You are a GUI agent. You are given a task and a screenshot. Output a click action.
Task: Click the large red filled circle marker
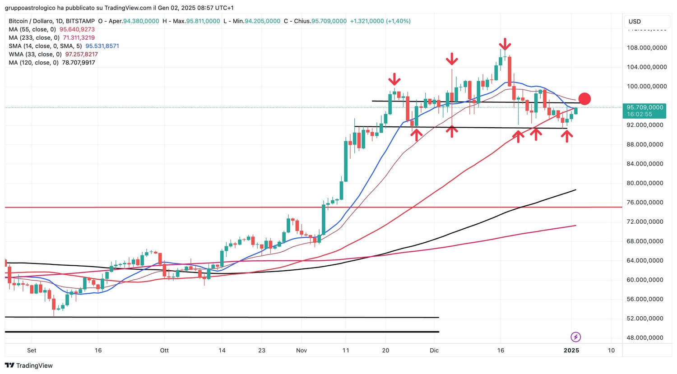pyautogui.click(x=584, y=99)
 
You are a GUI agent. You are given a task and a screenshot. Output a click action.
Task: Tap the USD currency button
pyautogui.click(x=635, y=22)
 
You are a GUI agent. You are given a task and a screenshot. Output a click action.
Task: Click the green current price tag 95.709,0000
pyautogui.click(x=645, y=108)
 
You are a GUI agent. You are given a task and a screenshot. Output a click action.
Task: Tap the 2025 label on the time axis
pyautogui.click(x=571, y=350)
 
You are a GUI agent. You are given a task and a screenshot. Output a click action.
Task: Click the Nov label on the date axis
pyautogui.click(x=301, y=350)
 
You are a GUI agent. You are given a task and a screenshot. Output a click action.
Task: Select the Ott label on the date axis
pyautogui.click(x=164, y=350)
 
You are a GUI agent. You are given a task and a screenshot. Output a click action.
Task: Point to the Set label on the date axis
pyautogui.click(x=32, y=350)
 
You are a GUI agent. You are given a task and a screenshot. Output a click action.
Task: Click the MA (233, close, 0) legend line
pyautogui.click(x=51, y=38)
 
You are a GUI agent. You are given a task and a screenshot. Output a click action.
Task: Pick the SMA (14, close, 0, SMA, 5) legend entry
pyautogui.click(x=64, y=46)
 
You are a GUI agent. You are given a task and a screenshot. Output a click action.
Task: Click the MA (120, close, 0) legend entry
pyautogui.click(x=52, y=63)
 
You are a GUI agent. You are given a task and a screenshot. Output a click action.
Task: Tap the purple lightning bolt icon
pyautogui.click(x=575, y=337)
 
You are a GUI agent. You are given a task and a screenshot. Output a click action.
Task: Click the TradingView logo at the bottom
pyautogui.click(x=29, y=365)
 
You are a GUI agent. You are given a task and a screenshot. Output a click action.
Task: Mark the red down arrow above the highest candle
pyautogui.click(x=505, y=44)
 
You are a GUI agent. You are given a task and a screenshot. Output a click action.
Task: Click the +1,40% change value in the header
pyautogui.click(x=398, y=21)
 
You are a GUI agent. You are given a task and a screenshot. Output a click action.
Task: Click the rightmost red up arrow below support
pyautogui.click(x=567, y=135)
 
